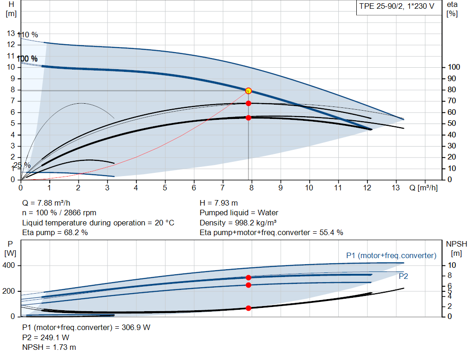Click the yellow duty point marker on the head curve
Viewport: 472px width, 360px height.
click(x=248, y=91)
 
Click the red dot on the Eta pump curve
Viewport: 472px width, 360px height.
click(x=248, y=103)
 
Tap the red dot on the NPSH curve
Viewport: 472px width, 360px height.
click(x=248, y=308)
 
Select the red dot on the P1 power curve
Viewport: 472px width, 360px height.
click(x=248, y=277)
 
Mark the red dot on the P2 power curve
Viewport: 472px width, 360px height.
click(x=248, y=285)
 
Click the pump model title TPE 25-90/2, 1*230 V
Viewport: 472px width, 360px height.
click(x=397, y=7)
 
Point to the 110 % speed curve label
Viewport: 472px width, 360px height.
click(x=28, y=35)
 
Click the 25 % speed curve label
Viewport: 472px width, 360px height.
click(x=22, y=165)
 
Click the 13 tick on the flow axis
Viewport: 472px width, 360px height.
click(x=396, y=188)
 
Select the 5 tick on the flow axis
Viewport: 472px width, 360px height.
click(x=165, y=188)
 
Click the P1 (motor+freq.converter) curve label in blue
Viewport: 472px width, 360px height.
click(x=391, y=255)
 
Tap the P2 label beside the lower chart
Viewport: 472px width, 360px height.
click(x=403, y=276)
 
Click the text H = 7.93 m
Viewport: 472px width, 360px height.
click(x=219, y=203)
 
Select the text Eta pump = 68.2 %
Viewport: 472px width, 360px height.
click(x=55, y=232)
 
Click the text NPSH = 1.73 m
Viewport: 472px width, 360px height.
click(x=49, y=347)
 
